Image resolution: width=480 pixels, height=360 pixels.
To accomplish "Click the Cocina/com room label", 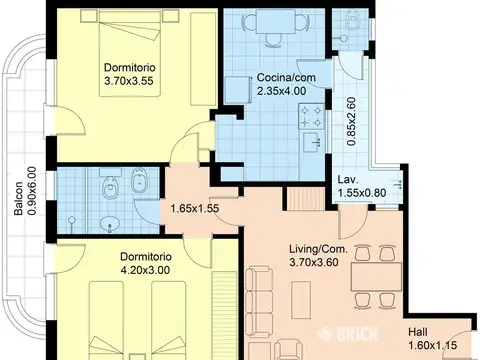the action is tap(286, 78).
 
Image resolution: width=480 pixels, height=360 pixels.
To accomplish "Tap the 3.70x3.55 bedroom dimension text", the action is tap(129, 81).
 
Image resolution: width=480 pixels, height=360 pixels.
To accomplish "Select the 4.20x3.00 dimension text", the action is tap(145, 270).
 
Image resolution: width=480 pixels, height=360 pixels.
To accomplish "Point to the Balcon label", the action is tap(18, 198).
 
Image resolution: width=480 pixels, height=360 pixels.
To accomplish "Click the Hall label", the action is tap(418, 332).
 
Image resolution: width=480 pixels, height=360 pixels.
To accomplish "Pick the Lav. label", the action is tap(348, 180).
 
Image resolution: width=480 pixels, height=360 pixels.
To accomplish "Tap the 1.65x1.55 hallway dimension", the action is tap(195, 209).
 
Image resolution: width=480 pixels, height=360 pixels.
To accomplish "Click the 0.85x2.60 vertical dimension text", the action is tap(351, 121).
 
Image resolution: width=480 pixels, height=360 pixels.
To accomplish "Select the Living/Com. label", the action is tap(318, 249).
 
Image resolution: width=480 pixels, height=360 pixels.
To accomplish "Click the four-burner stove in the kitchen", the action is tap(311, 116).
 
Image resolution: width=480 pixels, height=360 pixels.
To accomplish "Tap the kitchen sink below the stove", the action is tap(313, 141).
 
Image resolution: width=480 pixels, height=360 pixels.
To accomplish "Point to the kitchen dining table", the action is tap(276, 21).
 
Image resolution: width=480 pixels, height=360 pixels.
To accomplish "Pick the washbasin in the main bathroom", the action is tap(110, 223).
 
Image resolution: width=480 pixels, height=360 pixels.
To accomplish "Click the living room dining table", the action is tap(376, 277).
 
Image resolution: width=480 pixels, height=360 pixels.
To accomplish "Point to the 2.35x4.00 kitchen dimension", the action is tap(282, 91).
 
